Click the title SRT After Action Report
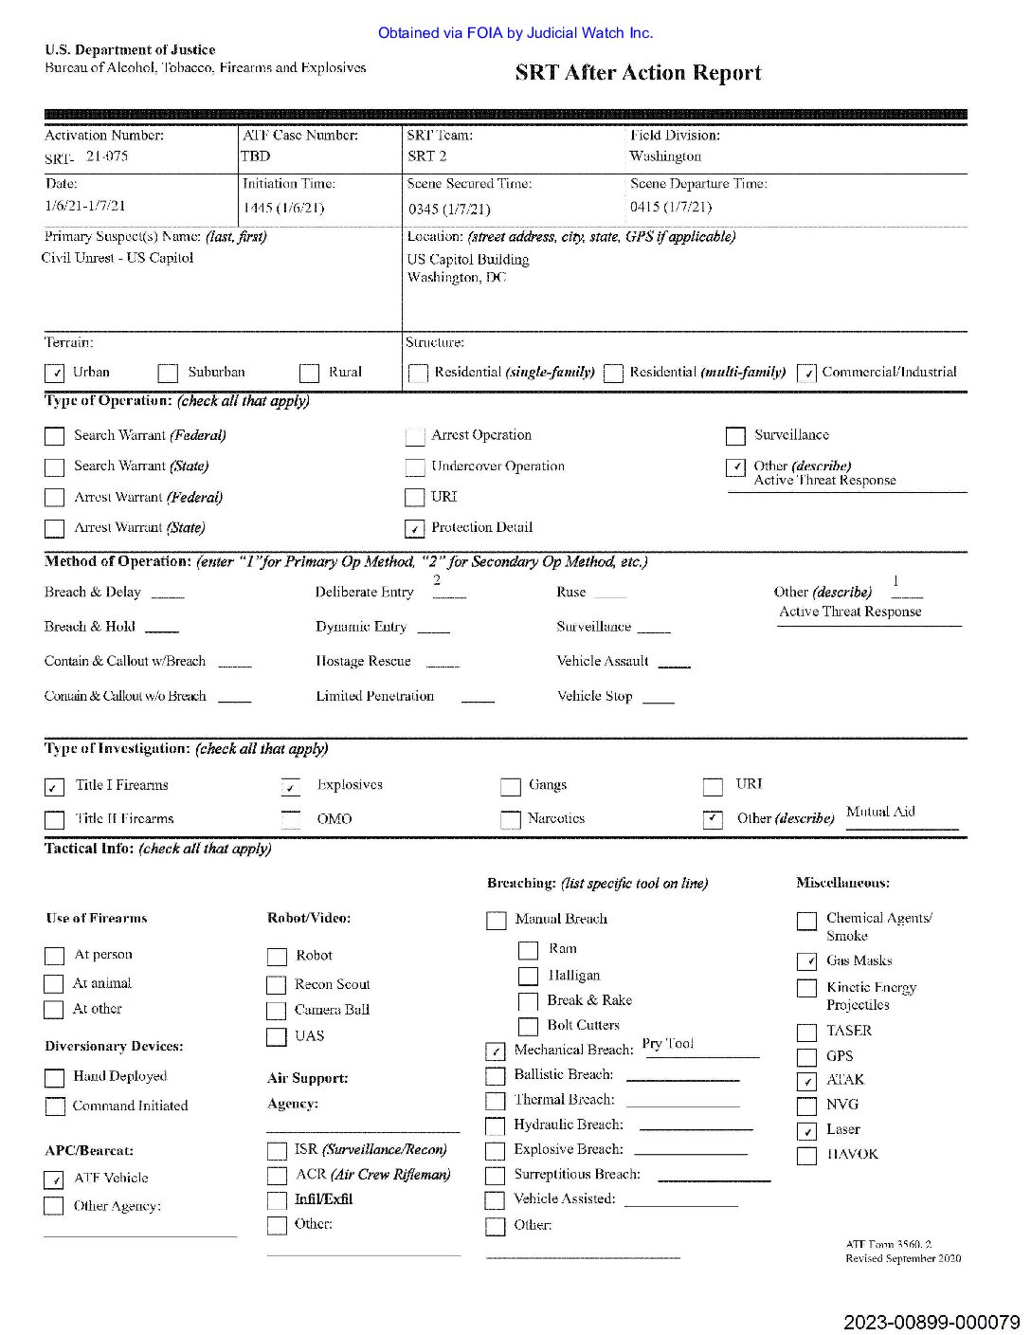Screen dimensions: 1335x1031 [x=638, y=73]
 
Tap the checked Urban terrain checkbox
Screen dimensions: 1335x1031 [x=54, y=374]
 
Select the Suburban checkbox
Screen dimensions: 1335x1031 [x=168, y=374]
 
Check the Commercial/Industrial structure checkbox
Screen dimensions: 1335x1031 [x=806, y=374]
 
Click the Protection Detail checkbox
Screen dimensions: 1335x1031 [x=414, y=528]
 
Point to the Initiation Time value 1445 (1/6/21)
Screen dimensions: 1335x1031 [x=283, y=208]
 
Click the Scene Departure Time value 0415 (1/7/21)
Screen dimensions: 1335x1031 [x=671, y=207]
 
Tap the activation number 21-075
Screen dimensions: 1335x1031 [x=106, y=156]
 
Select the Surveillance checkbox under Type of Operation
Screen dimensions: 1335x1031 [x=735, y=436]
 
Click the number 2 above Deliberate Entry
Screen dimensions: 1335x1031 [x=437, y=580]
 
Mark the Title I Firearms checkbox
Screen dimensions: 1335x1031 [x=54, y=787]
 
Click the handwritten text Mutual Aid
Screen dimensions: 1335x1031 [x=880, y=812]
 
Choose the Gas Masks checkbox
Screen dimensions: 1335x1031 [x=806, y=961]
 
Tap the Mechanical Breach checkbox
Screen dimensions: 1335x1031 [x=496, y=1052]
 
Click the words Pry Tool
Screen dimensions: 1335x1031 [x=668, y=1044]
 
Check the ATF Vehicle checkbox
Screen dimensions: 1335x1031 [x=54, y=1180]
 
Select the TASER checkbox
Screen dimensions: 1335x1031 [x=806, y=1033]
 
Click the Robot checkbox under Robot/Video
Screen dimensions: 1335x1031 [x=277, y=957]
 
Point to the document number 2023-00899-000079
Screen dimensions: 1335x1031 [x=932, y=1322]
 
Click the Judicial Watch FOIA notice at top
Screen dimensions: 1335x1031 [x=515, y=33]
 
